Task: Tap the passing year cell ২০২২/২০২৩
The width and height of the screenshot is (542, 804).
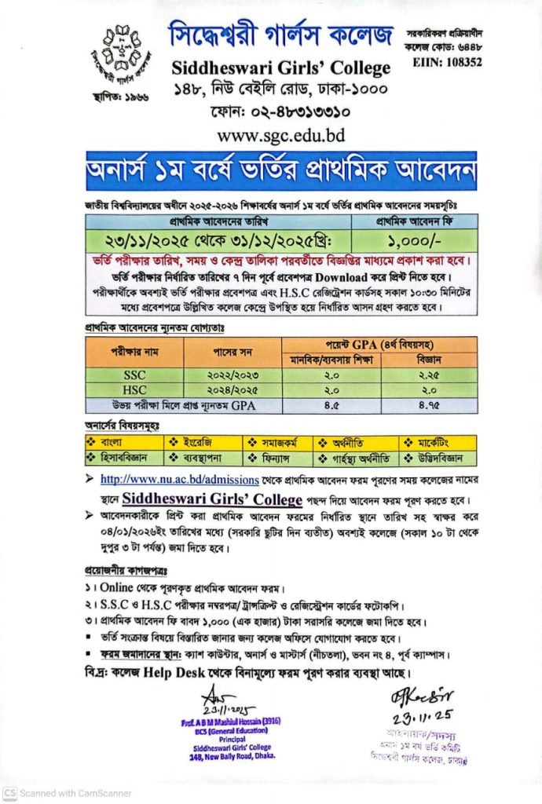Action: [232, 375]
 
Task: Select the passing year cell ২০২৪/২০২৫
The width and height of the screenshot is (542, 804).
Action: [232, 389]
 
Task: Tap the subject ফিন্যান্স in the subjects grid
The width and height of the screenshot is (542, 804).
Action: [275, 457]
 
